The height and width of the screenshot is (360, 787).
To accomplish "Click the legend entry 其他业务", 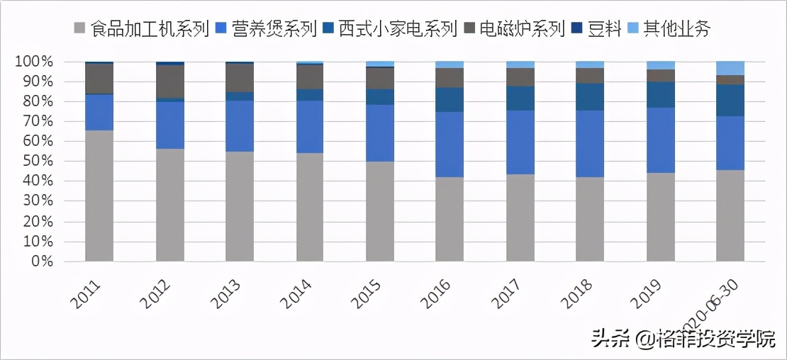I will [676, 29].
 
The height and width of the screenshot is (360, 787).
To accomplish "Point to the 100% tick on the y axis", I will [34, 62].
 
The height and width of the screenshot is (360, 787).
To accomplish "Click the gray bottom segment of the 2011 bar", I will [99, 196].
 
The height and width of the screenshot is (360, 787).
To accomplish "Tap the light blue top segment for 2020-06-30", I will [730, 68].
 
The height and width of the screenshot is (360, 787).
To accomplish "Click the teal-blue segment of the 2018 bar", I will [590, 97].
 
